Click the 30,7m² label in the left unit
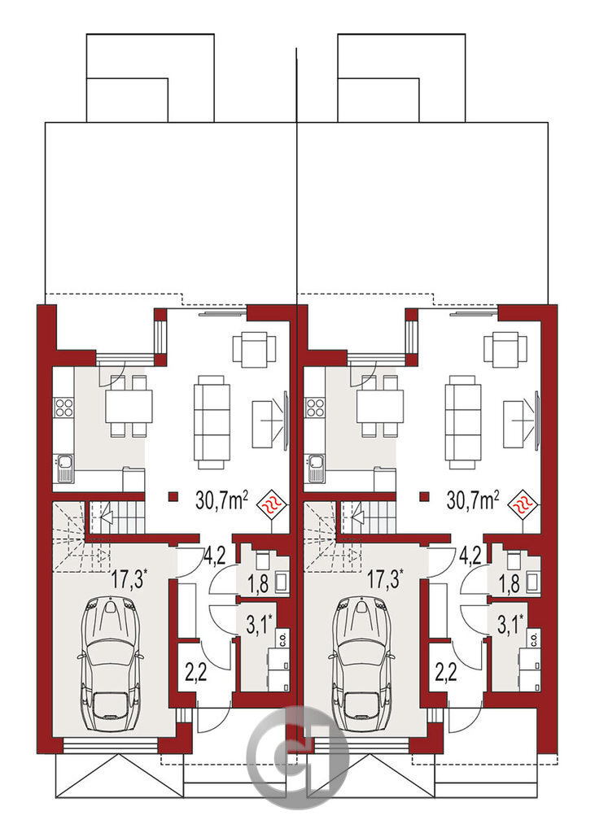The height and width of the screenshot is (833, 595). (x=221, y=500)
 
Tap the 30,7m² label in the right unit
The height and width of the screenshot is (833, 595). (x=473, y=500)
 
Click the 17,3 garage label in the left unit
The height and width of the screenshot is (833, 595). (x=129, y=578)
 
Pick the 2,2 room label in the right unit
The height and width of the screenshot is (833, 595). (x=447, y=673)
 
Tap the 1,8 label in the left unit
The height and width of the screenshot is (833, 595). (x=258, y=584)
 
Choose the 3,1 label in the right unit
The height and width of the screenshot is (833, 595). (x=510, y=624)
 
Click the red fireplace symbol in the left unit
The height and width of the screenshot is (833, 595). (x=272, y=504)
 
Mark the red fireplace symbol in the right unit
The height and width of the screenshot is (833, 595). (x=523, y=504)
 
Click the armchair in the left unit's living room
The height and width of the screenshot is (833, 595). (x=255, y=349)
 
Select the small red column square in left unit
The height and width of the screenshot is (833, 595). (x=173, y=497)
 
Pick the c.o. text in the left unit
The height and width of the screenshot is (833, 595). (x=282, y=638)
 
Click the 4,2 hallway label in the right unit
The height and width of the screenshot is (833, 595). (x=470, y=555)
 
